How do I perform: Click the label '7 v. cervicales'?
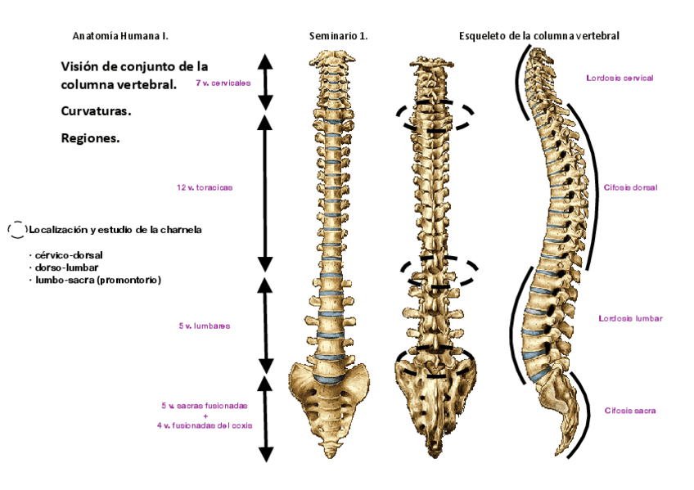223,83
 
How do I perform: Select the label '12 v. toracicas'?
205,187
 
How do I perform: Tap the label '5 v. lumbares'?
204,326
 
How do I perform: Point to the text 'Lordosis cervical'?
620,79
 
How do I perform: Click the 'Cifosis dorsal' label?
630,187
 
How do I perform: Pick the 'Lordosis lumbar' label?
630,318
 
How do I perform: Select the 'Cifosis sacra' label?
630,410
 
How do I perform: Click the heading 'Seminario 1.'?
338,36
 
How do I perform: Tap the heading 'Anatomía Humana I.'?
120,36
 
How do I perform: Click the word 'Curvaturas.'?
97,110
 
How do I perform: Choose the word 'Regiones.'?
90,138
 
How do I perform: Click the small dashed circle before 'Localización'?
16,230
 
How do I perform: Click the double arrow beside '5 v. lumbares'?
265,325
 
